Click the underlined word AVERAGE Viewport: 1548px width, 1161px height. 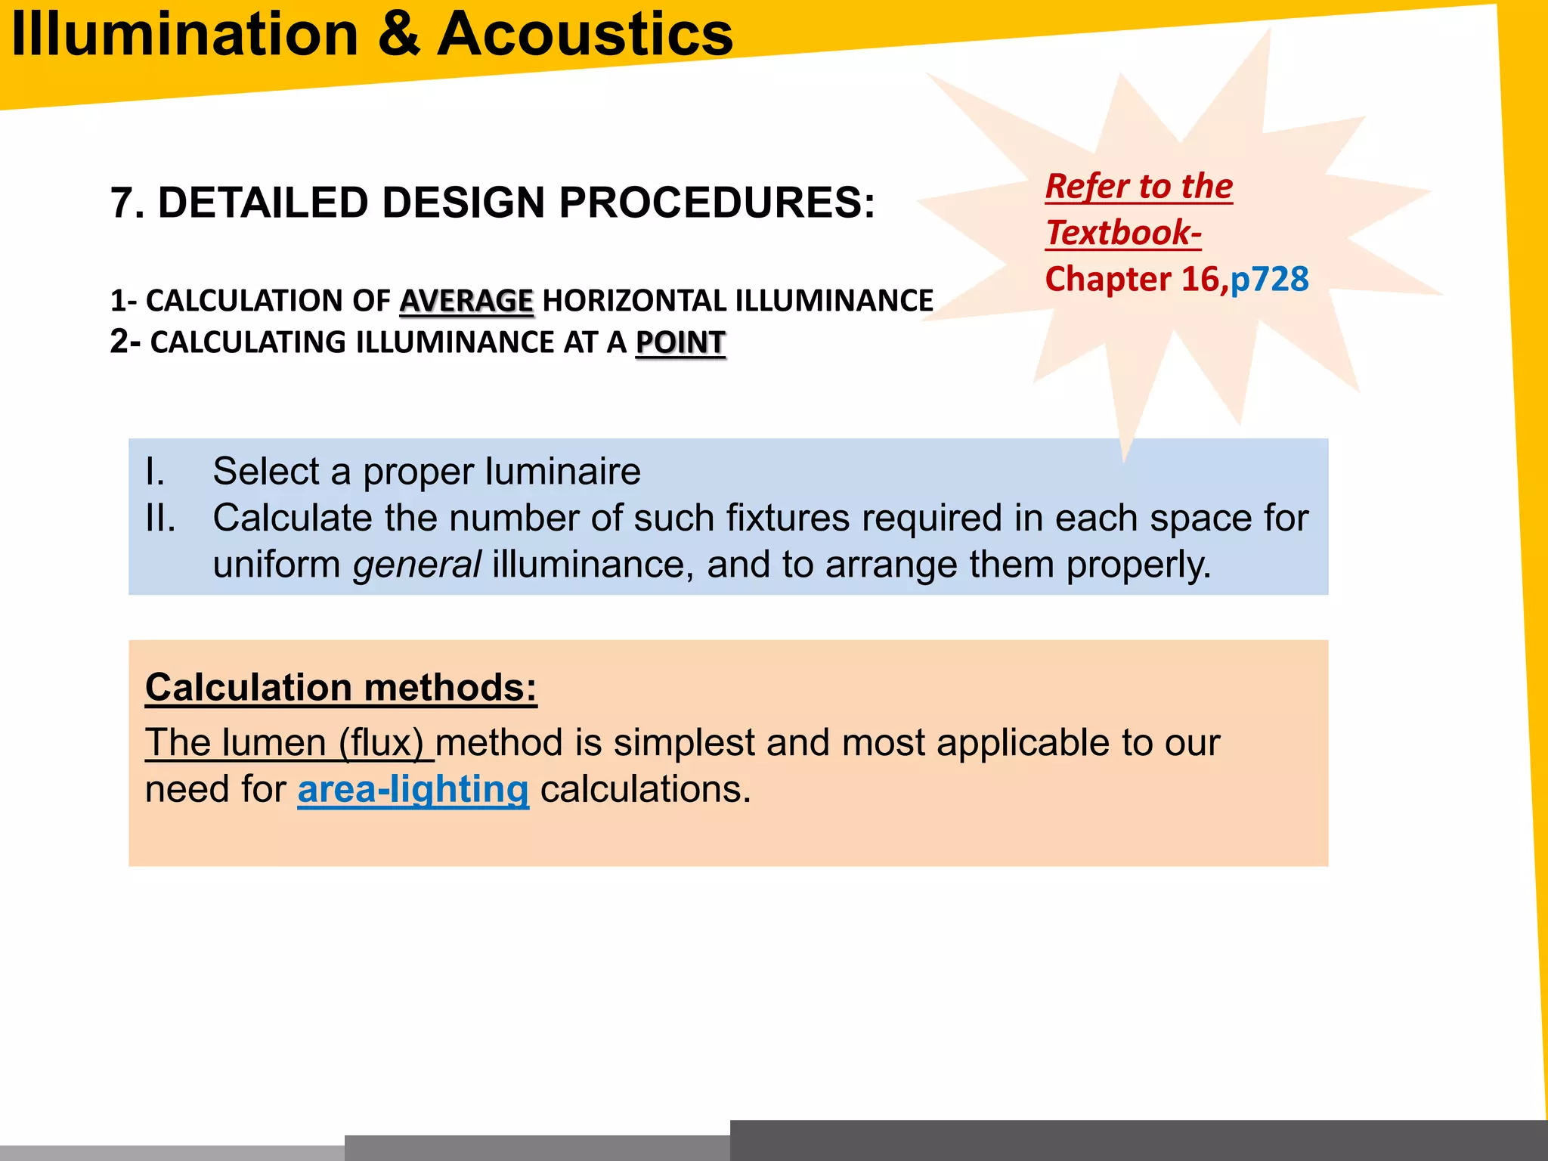466,301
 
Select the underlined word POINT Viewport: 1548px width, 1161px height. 680,342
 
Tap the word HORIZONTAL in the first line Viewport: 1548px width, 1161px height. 634,301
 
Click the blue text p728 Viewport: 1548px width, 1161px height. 1269,279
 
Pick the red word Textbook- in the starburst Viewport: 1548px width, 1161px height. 1123,233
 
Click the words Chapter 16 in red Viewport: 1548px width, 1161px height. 1132,279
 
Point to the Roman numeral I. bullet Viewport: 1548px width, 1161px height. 155,472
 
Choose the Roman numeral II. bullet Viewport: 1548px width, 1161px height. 160,519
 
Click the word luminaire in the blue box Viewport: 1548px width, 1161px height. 563,472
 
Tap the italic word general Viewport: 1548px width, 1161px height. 416,565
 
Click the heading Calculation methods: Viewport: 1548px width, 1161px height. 341,688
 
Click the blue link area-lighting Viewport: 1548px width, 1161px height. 413,789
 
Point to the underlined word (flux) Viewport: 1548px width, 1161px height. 381,742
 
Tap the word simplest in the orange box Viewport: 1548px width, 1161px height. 684,742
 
